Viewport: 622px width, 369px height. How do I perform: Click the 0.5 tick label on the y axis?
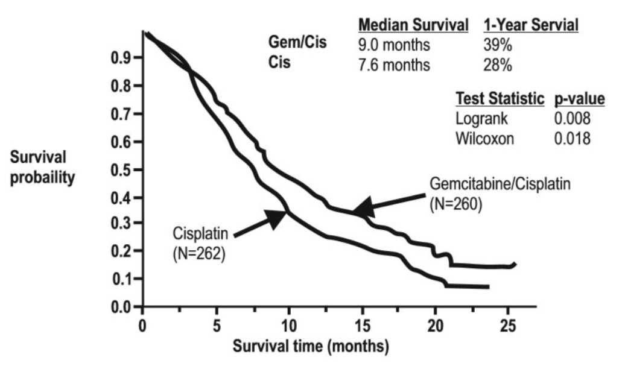click(125, 170)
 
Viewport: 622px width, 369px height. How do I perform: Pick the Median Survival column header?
click(413, 26)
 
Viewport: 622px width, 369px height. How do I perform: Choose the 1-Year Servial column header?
click(531, 26)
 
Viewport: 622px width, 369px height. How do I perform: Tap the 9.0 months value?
click(394, 45)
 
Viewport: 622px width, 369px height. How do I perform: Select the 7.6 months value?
click(394, 65)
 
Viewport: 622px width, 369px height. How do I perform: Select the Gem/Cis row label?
click(297, 45)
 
